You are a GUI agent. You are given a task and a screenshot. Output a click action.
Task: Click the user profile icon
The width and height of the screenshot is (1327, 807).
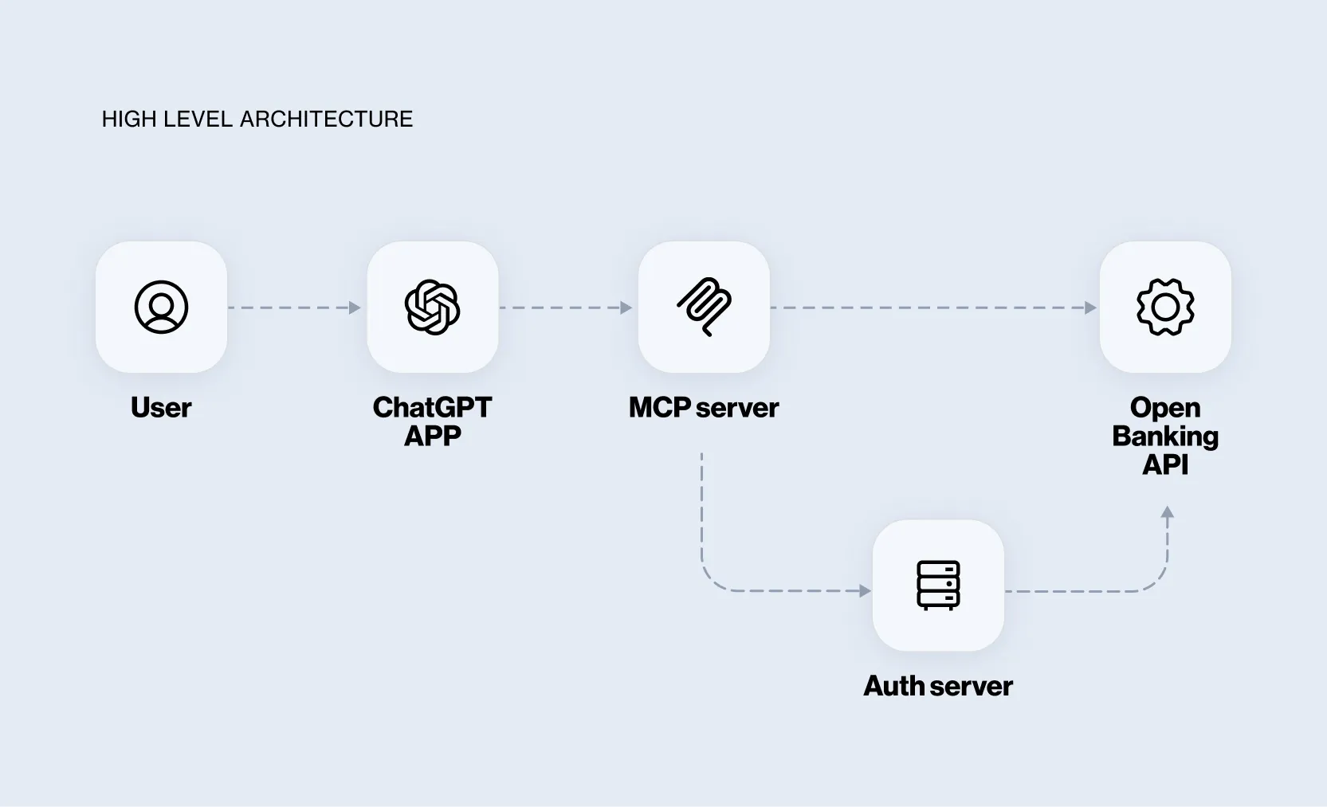pyautogui.click(x=161, y=307)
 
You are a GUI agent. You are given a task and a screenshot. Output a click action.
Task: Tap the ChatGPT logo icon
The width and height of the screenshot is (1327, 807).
pyautogui.click(x=433, y=307)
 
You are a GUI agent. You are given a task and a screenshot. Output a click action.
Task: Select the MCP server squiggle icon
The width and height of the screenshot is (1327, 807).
pyautogui.click(x=704, y=307)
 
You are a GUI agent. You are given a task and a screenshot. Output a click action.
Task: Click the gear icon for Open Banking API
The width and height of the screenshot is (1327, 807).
pyautogui.click(x=1165, y=307)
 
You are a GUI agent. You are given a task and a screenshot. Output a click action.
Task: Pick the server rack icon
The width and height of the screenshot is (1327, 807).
pyautogui.click(x=938, y=586)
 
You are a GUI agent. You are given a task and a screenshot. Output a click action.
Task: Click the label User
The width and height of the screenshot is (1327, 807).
pyautogui.click(x=161, y=408)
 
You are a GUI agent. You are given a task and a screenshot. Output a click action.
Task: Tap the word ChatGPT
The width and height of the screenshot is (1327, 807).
pyautogui.click(x=433, y=408)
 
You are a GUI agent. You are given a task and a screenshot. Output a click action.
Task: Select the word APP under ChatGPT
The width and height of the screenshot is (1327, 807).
pyautogui.click(x=433, y=437)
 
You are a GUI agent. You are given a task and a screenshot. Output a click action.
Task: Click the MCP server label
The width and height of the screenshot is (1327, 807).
pyautogui.click(x=704, y=408)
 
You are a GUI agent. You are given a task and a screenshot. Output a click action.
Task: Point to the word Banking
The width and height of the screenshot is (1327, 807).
pyautogui.click(x=1165, y=437)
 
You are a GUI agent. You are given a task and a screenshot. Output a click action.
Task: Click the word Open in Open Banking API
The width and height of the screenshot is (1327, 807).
pyautogui.click(x=1165, y=408)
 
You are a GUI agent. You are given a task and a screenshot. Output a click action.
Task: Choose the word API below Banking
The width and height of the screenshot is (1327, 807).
pyautogui.click(x=1165, y=464)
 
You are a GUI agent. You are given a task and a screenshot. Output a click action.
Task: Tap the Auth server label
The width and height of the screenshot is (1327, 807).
pyautogui.click(x=938, y=686)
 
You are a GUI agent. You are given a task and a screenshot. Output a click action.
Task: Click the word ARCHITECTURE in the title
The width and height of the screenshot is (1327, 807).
pyautogui.click(x=327, y=119)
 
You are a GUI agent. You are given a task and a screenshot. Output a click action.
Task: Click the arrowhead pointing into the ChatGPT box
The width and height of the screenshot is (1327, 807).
pyautogui.click(x=355, y=308)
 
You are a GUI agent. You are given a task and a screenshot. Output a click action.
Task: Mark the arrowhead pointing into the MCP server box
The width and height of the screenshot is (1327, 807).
pyautogui.click(x=626, y=308)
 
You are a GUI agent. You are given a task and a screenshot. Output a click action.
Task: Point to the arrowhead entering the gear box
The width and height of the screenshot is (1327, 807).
pyautogui.click(x=1091, y=308)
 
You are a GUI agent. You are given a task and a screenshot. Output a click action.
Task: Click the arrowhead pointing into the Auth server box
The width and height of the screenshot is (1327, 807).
pyautogui.click(x=865, y=591)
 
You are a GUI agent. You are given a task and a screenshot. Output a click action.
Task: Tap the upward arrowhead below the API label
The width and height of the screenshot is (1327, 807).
pyautogui.click(x=1168, y=513)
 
